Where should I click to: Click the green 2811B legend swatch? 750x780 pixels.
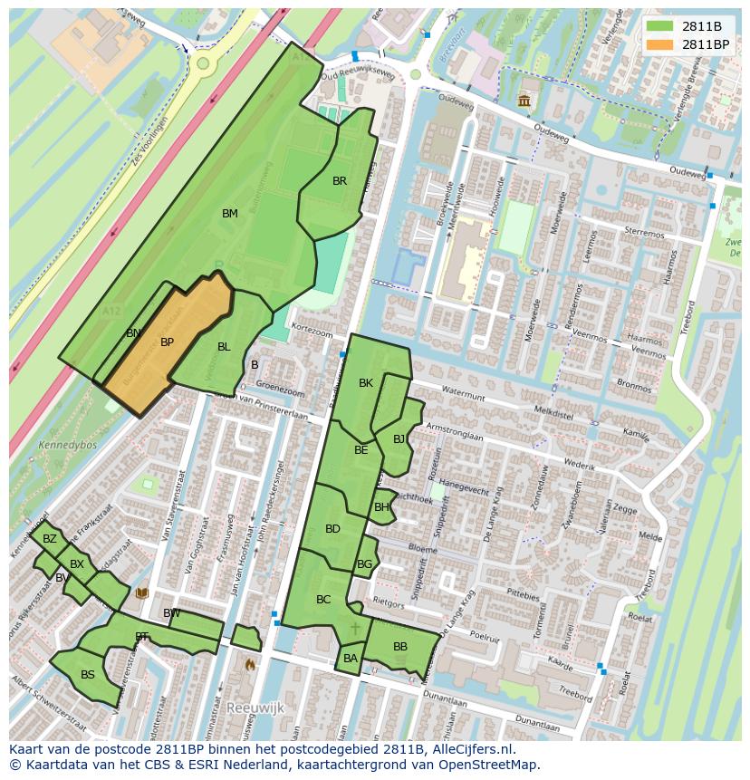click(660, 26)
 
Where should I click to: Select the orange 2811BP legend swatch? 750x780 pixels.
click(660, 43)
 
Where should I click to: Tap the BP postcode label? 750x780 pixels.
click(167, 342)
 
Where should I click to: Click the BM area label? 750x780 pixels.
click(230, 214)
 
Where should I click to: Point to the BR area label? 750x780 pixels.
click(340, 181)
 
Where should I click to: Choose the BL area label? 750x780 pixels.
click(224, 347)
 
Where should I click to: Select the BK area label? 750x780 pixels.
click(366, 383)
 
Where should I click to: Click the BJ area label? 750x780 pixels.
click(399, 439)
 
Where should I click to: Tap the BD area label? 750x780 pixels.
click(332, 529)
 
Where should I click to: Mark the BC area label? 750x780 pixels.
click(323, 600)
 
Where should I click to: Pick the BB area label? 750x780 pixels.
click(399, 647)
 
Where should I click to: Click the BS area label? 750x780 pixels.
click(88, 675)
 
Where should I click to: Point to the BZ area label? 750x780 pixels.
click(50, 539)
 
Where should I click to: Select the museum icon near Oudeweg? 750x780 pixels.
click(524, 101)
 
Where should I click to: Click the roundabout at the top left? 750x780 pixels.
click(203, 63)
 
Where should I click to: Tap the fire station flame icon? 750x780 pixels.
click(250, 664)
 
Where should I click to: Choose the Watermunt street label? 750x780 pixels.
click(457, 391)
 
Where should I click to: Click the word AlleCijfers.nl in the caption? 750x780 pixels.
click(471, 750)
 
